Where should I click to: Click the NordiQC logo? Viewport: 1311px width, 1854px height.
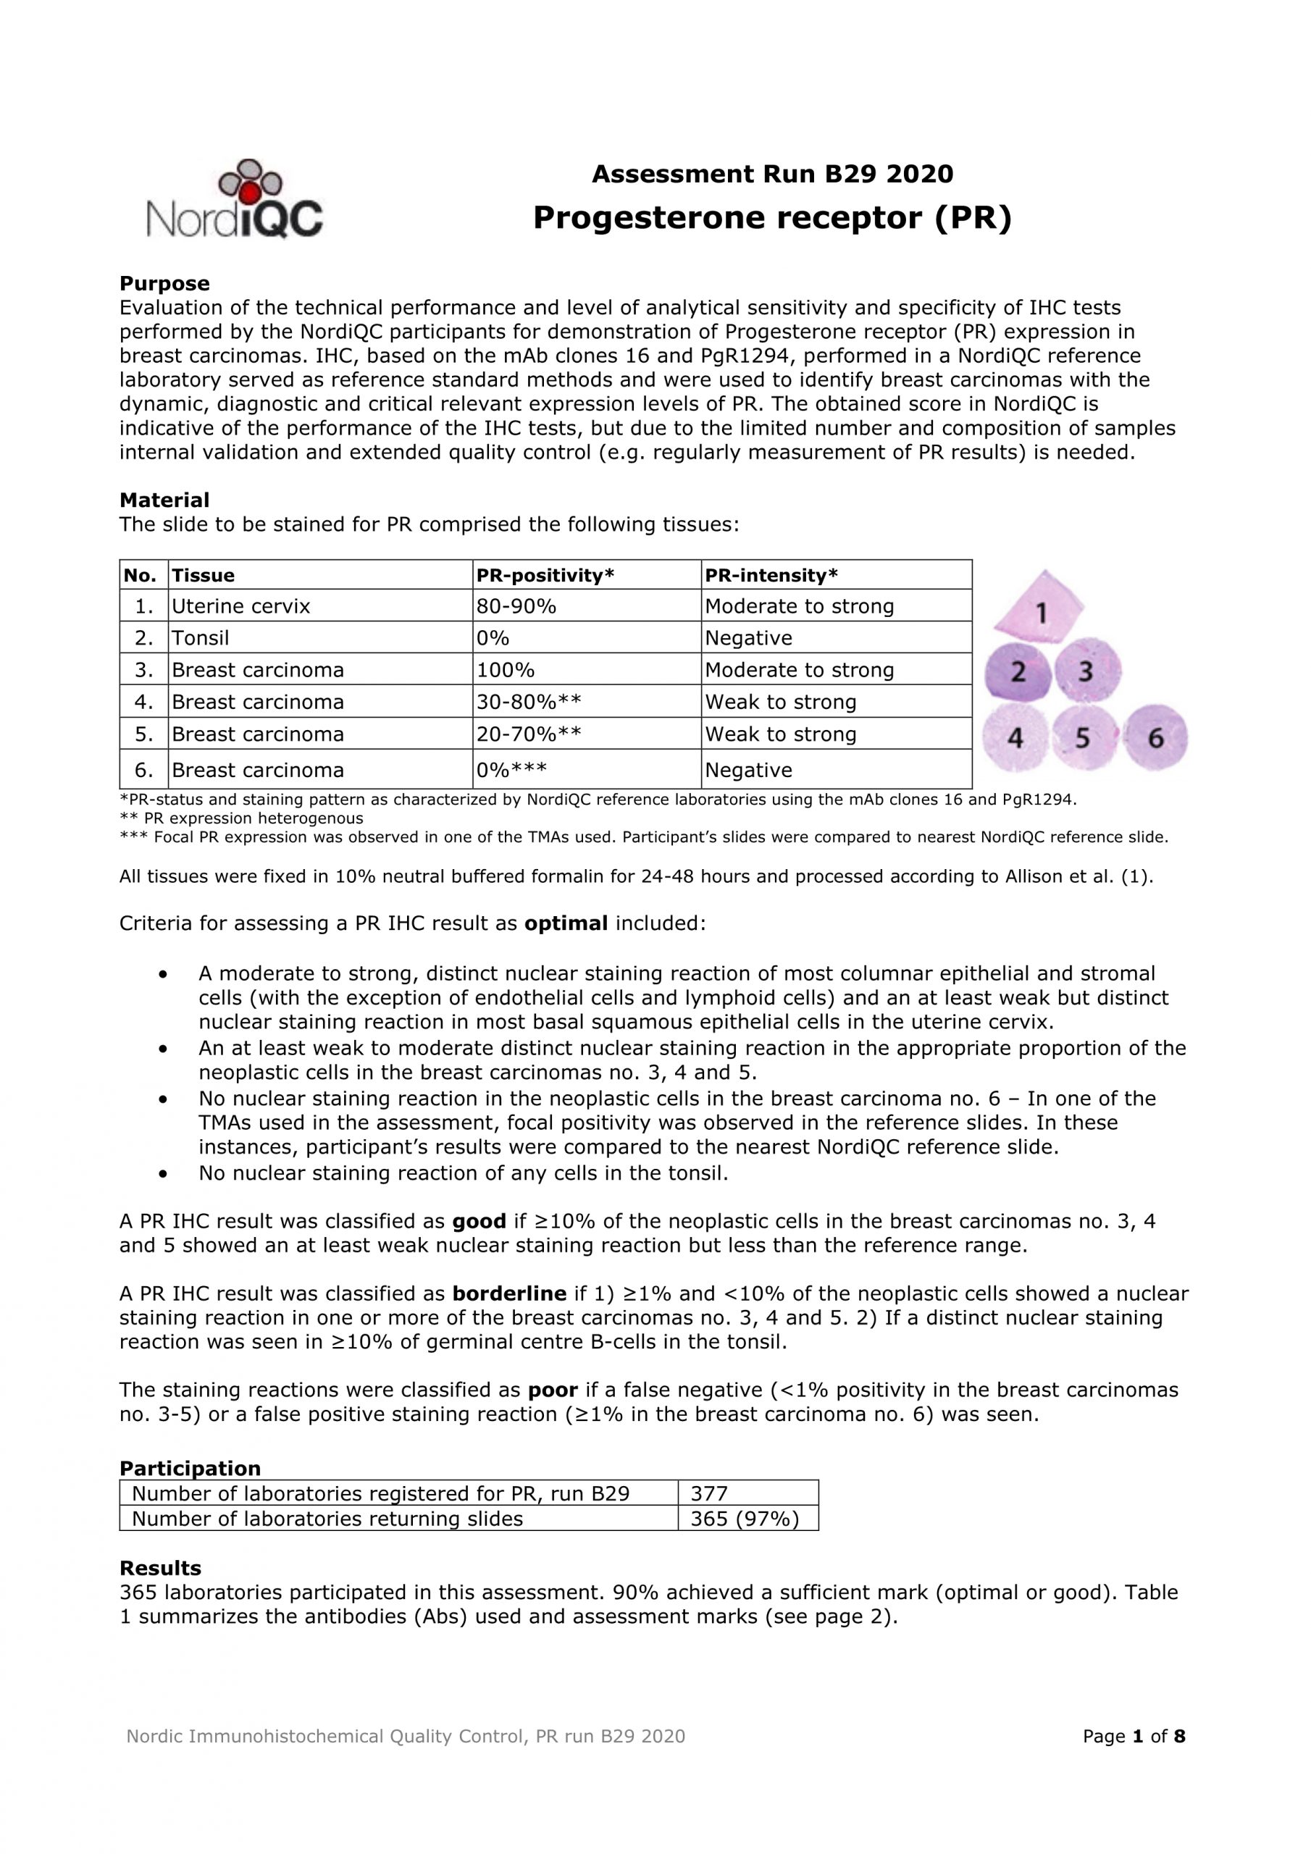[234, 198]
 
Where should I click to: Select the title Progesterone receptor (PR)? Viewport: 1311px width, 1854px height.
[771, 218]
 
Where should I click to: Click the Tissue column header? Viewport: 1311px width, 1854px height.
[204, 575]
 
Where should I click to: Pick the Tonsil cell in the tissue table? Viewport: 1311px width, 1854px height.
[201, 638]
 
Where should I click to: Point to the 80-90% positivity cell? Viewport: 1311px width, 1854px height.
[516, 606]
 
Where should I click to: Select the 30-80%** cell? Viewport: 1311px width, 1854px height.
[528, 702]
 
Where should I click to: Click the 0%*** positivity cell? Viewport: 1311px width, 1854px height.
[511, 770]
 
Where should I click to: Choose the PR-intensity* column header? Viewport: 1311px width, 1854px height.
[771, 575]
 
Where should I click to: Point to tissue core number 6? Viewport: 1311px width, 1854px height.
[1156, 737]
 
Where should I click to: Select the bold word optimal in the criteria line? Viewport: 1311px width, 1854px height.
[566, 923]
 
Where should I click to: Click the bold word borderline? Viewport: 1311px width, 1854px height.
[509, 1293]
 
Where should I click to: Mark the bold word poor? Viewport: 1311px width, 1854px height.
[553, 1390]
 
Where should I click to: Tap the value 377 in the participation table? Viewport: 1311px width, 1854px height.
[709, 1494]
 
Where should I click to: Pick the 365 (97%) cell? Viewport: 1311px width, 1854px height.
[744, 1519]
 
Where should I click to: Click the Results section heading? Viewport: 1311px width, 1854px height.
[160, 1568]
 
